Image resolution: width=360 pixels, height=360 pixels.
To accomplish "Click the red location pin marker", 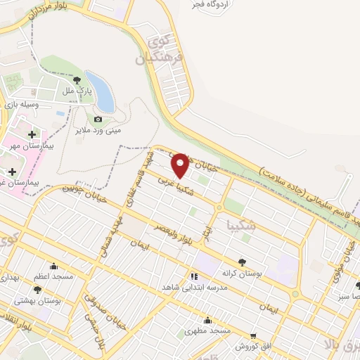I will (x=180, y=165).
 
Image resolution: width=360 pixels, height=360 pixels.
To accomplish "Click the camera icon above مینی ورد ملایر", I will (x=98, y=120).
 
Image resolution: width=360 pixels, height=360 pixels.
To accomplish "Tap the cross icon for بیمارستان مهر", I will (x=31, y=134).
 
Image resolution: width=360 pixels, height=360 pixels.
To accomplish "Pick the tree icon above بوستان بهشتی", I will (x=37, y=289).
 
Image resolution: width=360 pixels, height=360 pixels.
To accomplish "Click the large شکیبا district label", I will (x=243, y=226).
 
